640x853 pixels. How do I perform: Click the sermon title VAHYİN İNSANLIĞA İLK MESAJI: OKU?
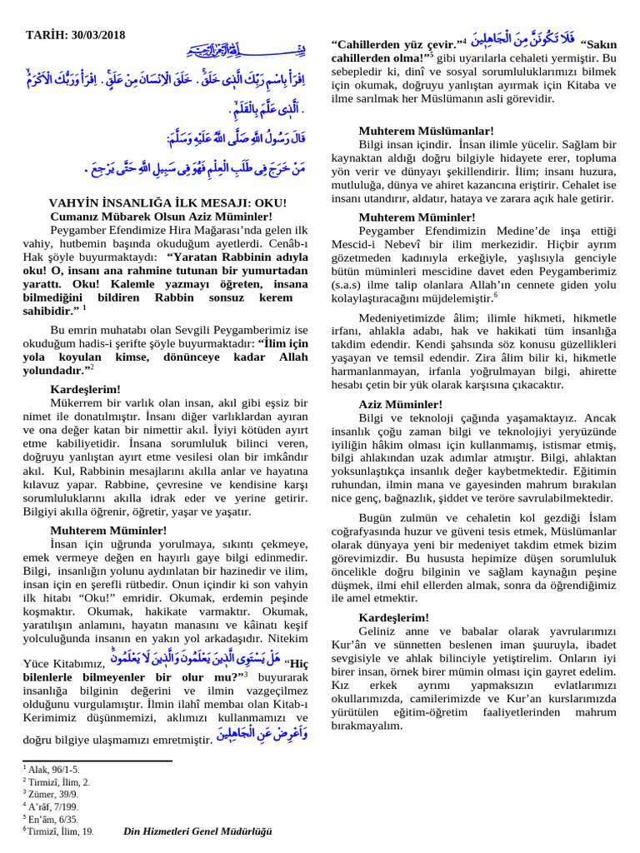167,202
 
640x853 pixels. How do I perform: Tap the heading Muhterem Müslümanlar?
427,131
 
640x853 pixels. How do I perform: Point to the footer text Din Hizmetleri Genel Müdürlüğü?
197,831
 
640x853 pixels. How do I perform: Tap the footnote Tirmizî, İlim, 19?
61,831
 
